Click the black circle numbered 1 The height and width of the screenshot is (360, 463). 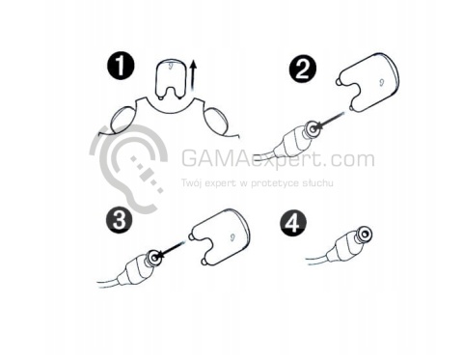(x=121, y=67)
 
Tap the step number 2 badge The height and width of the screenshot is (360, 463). (x=302, y=69)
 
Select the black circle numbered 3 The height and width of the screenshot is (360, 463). (x=120, y=220)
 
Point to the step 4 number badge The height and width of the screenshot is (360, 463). (x=293, y=222)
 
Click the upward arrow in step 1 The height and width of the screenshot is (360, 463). (x=193, y=75)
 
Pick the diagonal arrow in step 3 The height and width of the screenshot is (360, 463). (x=172, y=249)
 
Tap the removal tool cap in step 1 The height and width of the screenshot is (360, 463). (x=171, y=79)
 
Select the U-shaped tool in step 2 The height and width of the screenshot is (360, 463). (x=368, y=82)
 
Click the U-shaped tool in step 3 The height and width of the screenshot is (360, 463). (x=220, y=237)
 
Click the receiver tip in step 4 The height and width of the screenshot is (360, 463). (x=364, y=234)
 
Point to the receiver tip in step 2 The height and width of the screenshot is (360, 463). (x=312, y=128)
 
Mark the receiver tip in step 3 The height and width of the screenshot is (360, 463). (x=154, y=258)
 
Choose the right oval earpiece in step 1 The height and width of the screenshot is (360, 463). (x=216, y=123)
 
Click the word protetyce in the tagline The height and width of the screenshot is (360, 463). (x=275, y=183)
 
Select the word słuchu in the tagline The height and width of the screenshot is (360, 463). (x=318, y=182)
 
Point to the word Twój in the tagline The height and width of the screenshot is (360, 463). (x=192, y=183)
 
